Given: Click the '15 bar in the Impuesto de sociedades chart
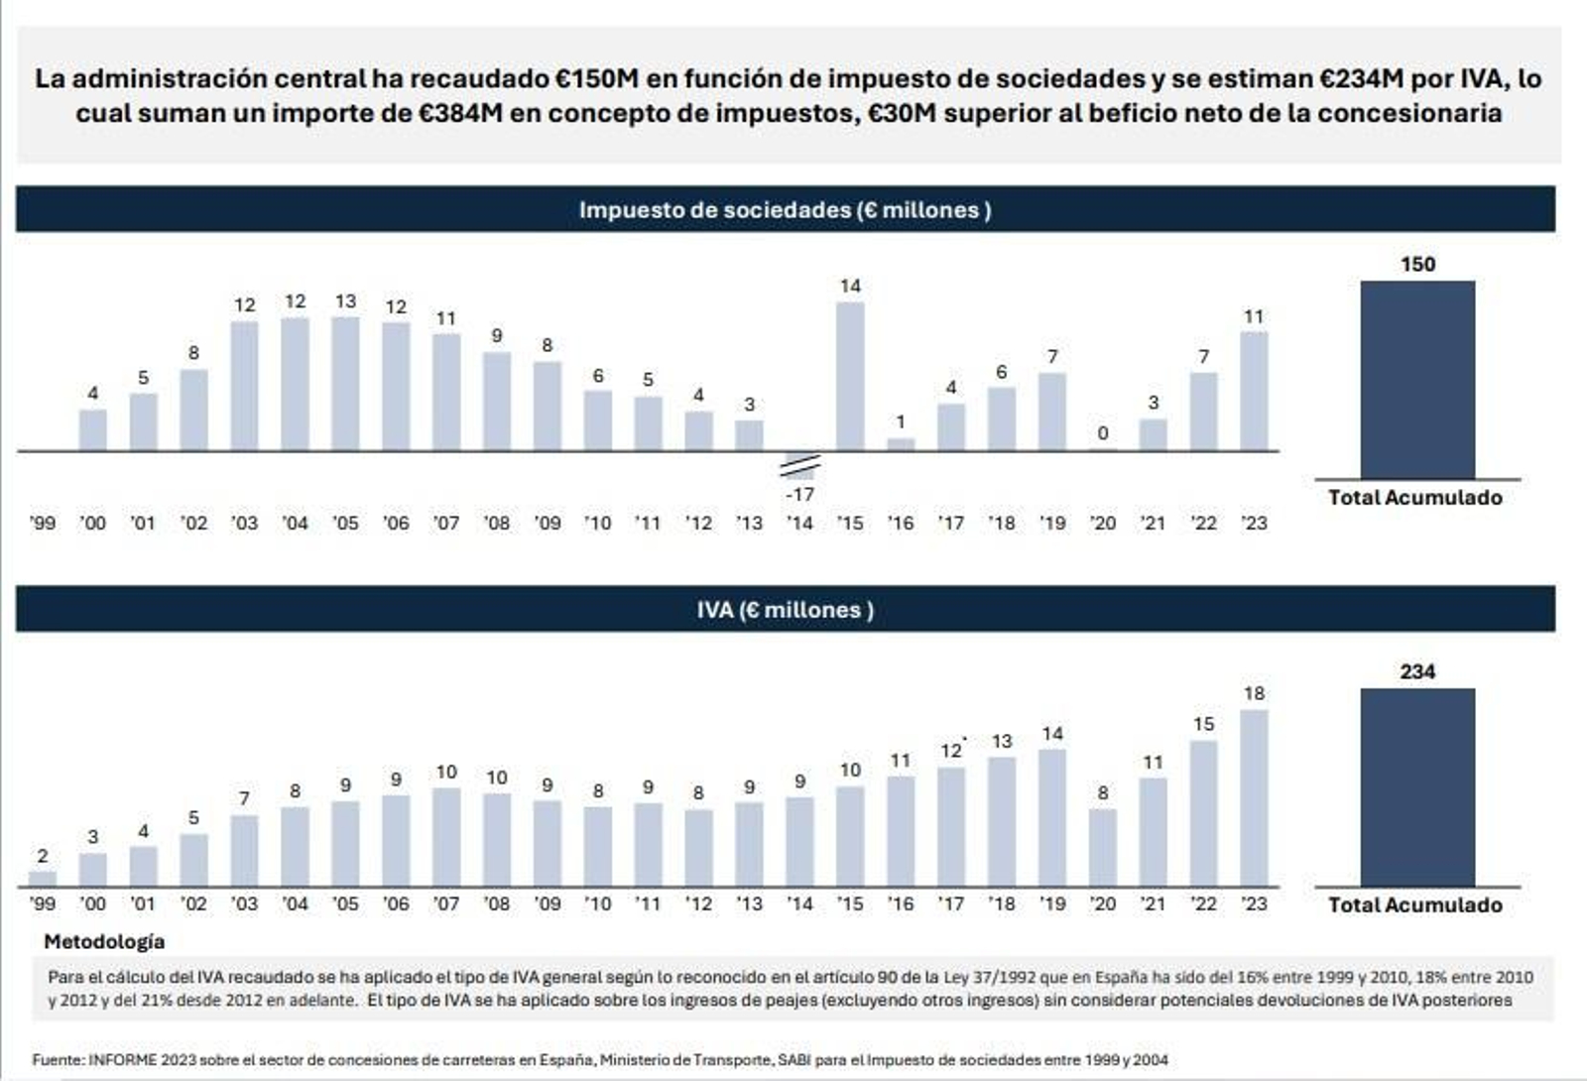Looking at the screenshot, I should tap(850, 377).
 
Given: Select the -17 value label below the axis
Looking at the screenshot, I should tap(799, 494).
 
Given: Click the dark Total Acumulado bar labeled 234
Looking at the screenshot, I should tap(1416, 787).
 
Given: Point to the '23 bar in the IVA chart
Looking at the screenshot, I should tap(1254, 797).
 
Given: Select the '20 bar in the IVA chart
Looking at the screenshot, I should tap(1102, 847).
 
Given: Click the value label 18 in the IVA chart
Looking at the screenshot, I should tap(1254, 693).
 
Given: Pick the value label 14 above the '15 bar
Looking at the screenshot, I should tap(850, 287).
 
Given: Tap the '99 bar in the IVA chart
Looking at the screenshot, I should tap(43, 878).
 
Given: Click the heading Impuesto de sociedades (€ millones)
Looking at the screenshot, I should tap(785, 210).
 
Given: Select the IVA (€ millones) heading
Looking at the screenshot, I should tap(785, 610).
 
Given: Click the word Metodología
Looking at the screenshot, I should tap(104, 941).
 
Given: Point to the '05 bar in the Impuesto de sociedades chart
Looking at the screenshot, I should tap(345, 384).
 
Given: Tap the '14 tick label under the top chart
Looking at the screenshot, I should tap(799, 523).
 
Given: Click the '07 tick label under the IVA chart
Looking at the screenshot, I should tap(446, 903).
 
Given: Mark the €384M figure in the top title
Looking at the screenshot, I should tap(460, 113).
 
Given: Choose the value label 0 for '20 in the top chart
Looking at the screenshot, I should tap(1103, 433).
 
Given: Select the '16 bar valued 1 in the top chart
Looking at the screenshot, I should tap(901, 444).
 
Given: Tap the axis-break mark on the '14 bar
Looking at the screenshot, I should tap(799, 465).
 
